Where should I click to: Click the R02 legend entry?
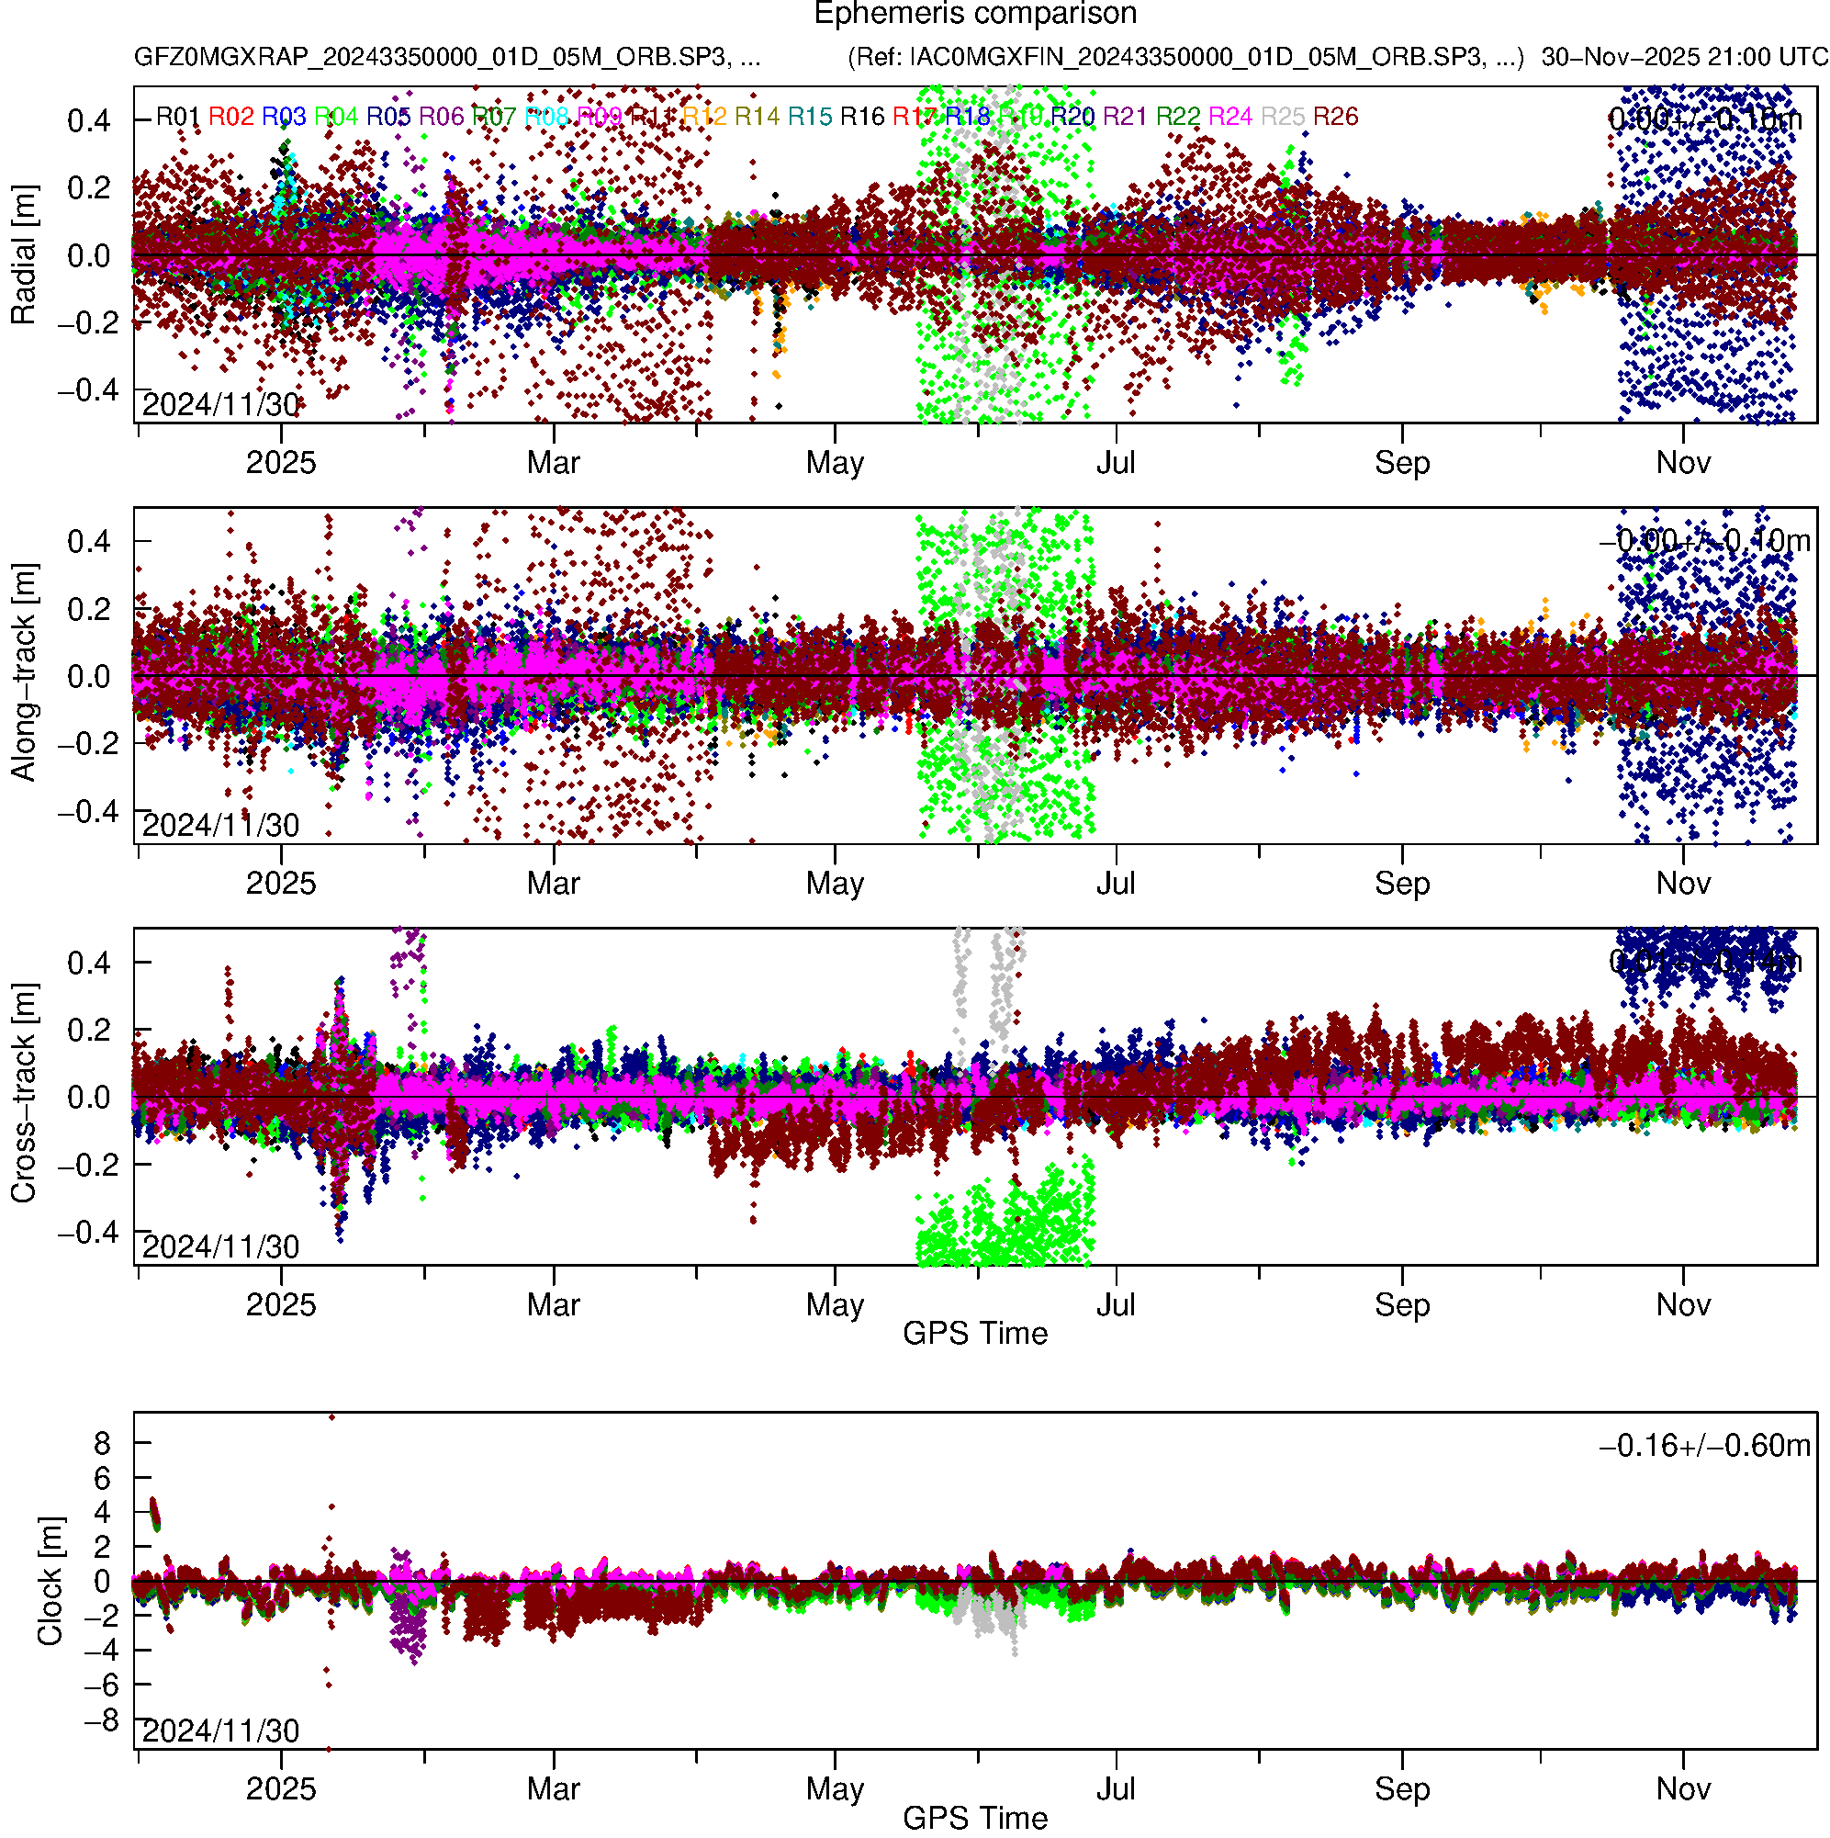pyautogui.click(x=231, y=117)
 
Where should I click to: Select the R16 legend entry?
pyautogui.click(x=861, y=117)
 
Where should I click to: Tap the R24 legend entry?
pyautogui.click(x=1229, y=117)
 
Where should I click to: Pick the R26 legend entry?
pyautogui.click(x=1335, y=117)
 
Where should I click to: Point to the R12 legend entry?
pyautogui.click(x=705, y=117)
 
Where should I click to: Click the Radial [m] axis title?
pyautogui.click(x=23, y=255)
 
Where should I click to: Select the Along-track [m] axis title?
pyautogui.click(x=23, y=673)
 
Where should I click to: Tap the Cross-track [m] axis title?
pyautogui.click(x=23, y=1094)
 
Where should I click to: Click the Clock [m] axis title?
pyautogui.click(x=50, y=1581)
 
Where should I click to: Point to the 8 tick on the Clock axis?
pyautogui.click(x=102, y=1445)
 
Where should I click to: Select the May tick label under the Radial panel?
pyautogui.click(x=834, y=463)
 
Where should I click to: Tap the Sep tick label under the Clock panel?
pyautogui.click(x=1402, y=1789)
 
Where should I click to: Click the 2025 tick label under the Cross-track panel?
pyautogui.click(x=281, y=1305)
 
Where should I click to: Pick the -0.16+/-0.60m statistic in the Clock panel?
pyautogui.click(x=1704, y=1447)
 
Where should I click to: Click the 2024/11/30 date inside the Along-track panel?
pyautogui.click(x=220, y=826)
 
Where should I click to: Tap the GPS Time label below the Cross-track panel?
pyautogui.click(x=975, y=1334)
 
